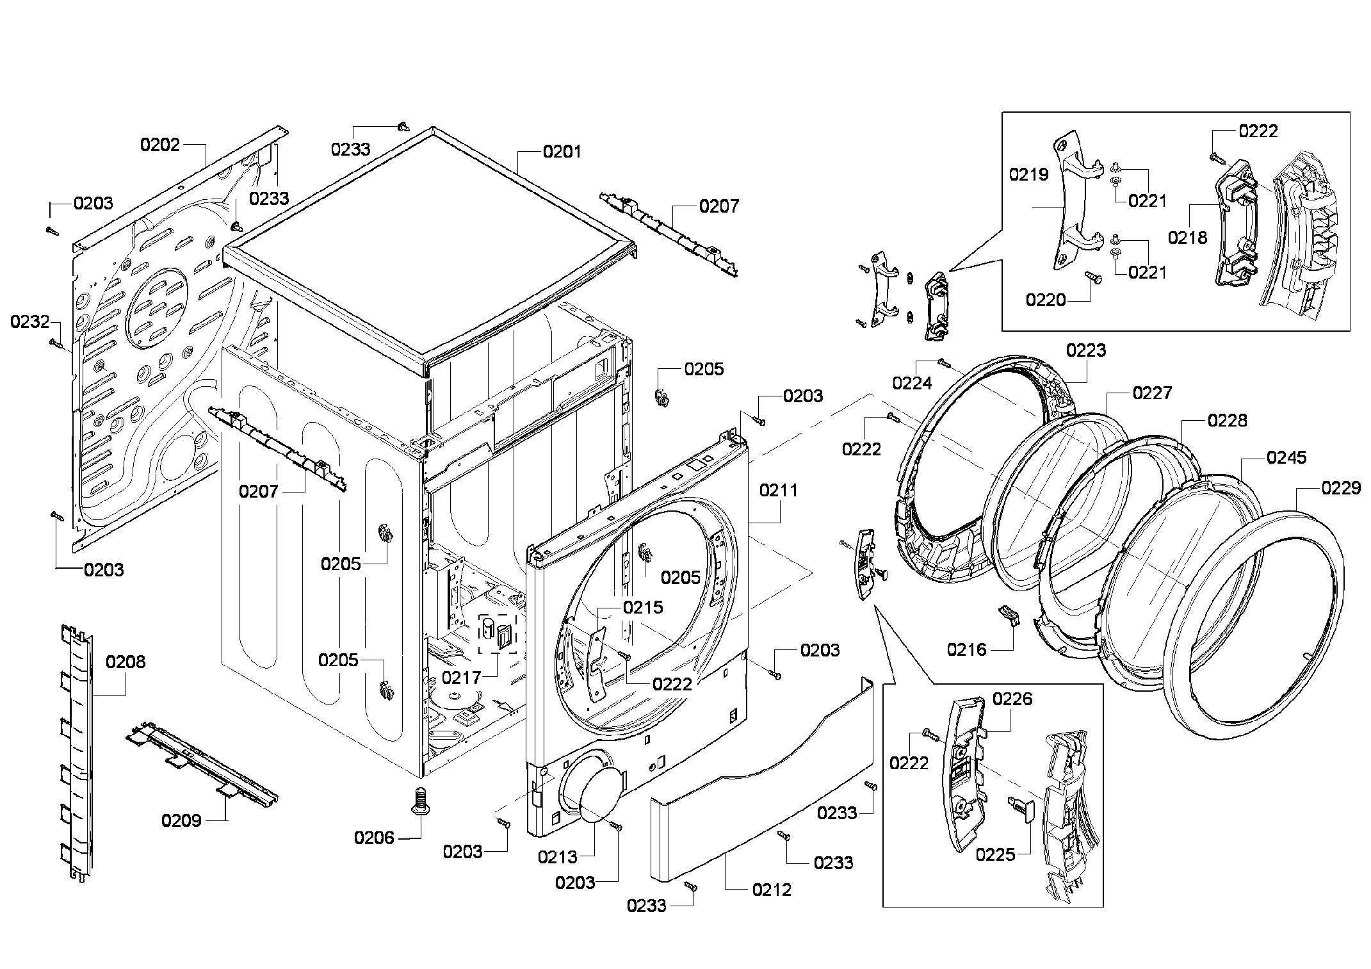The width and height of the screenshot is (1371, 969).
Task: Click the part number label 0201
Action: (562, 152)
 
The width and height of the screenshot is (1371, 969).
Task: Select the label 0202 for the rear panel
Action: (160, 145)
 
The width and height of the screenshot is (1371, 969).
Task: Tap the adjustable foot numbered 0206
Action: (420, 800)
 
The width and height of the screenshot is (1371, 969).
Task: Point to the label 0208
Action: (126, 662)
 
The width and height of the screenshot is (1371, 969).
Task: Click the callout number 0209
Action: (181, 820)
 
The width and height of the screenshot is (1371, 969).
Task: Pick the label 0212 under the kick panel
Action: (772, 890)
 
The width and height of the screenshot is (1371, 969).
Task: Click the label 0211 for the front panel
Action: (779, 491)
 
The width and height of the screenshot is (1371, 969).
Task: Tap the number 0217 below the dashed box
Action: (461, 677)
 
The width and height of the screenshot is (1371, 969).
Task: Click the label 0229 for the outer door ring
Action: (1341, 489)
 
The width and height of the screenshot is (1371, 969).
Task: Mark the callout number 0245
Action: (1286, 458)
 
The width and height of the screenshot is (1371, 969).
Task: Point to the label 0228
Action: (1228, 421)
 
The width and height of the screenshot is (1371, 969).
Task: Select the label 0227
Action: (1152, 393)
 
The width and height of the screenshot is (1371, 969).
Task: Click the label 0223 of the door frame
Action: (1086, 350)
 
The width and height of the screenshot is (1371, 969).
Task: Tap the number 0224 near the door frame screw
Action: (912, 383)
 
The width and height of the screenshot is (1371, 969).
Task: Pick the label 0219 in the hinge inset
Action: (1028, 174)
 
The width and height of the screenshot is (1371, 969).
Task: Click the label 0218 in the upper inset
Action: (1187, 238)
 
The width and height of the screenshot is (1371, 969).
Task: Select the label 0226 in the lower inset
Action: (1012, 698)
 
